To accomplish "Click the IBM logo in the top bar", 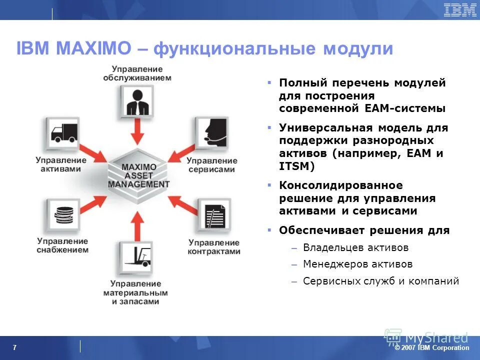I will (459, 10).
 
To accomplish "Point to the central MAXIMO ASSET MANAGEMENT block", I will (138, 175).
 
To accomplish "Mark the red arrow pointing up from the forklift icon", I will (138, 224).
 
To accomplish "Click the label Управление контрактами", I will (214, 246).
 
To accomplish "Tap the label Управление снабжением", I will (62, 245).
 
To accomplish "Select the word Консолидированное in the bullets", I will (333, 185).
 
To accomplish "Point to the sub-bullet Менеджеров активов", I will (358, 264).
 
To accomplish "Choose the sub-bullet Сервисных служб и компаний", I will (381, 281).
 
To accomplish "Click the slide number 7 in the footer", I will (14, 348).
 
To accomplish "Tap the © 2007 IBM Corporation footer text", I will (432, 348).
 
